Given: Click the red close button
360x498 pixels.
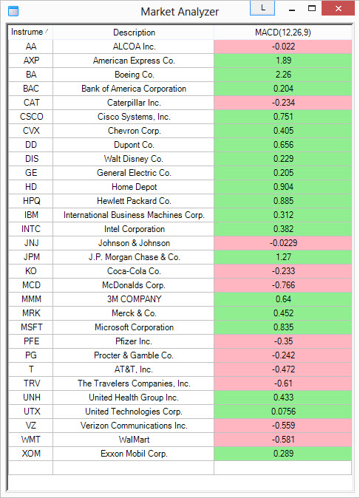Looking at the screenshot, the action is [x=338, y=9].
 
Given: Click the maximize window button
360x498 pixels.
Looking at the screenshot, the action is [x=312, y=9].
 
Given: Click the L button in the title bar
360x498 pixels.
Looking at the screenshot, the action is [x=262, y=8].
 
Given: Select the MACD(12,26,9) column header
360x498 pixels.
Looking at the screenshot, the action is [x=283, y=33].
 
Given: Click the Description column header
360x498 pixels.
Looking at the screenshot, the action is [x=134, y=33].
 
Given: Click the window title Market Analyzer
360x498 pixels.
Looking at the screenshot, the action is [x=180, y=12].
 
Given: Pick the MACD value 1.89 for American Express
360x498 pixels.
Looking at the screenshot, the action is [x=283, y=61].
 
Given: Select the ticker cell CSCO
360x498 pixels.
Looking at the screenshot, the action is [x=31, y=117].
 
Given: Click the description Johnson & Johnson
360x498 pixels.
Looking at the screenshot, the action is [x=134, y=243].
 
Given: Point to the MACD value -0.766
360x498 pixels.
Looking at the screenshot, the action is [x=283, y=285].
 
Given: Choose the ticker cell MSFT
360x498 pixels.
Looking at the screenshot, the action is [x=31, y=327].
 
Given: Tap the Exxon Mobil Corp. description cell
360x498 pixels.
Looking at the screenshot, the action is [x=134, y=454].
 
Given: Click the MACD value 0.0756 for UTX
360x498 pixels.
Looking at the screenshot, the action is [x=283, y=412].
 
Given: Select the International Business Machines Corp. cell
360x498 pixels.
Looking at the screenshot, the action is [x=134, y=215].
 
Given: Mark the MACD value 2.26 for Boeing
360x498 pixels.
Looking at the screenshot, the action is [x=283, y=75].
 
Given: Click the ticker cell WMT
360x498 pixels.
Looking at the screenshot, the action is [x=31, y=440].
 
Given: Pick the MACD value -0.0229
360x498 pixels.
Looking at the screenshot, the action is [x=283, y=243].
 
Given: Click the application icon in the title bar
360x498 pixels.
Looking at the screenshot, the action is [x=13, y=11].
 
